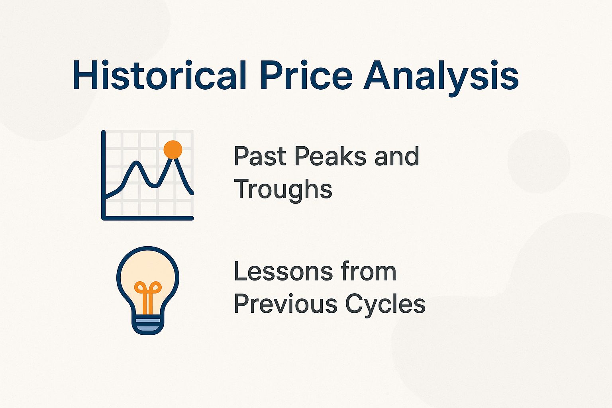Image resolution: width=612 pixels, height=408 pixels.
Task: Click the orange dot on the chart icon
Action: pos(173,150)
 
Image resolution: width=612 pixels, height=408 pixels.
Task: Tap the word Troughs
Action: pos(283,189)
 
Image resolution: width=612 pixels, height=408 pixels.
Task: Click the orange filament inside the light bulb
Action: pos(148,297)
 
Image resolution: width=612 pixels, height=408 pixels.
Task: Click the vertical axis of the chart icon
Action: pos(104,175)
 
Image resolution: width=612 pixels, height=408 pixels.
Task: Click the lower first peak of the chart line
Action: pos(137,162)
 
